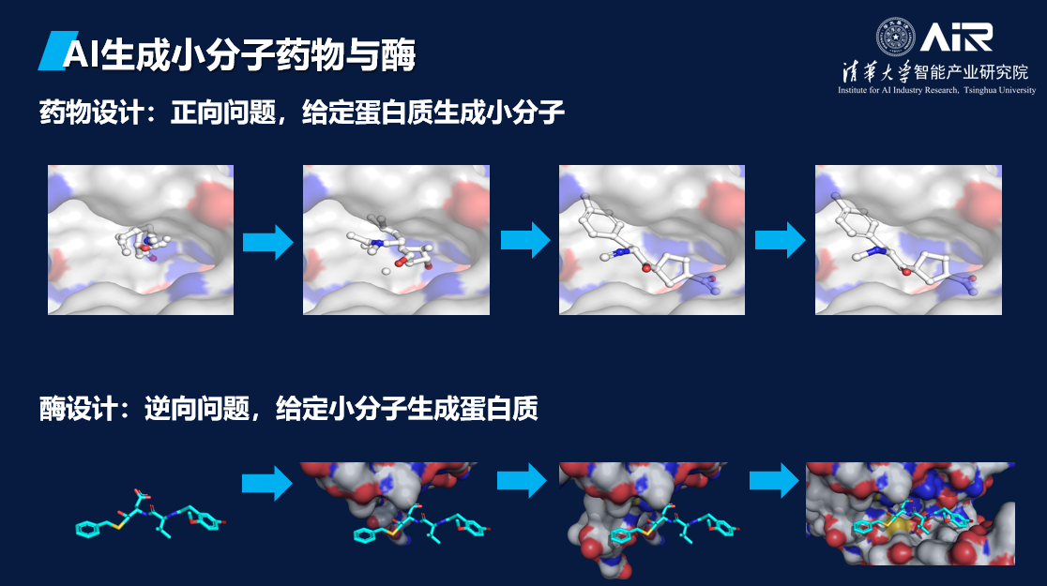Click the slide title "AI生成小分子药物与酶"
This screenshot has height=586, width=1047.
[238, 54]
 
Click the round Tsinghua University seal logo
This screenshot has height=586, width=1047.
[895, 37]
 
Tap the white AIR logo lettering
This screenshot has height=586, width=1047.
[956, 37]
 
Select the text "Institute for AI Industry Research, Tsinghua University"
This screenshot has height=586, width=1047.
[937, 90]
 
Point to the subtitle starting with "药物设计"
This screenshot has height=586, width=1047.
[301, 114]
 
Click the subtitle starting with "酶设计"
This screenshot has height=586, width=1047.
[288, 410]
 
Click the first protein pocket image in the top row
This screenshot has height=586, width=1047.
[141, 240]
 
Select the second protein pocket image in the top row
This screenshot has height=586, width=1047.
[396, 240]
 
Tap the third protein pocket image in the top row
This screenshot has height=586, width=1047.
[652, 240]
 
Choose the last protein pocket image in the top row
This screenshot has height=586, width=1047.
[908, 240]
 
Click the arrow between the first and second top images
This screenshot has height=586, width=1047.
[267, 242]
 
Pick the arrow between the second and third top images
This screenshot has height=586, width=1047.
[523, 241]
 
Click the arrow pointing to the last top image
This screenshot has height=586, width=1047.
[780, 241]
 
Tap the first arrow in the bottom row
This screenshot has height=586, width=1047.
[266, 483]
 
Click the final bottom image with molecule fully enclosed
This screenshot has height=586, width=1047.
[910, 514]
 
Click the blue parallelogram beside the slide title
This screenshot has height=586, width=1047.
[50, 53]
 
